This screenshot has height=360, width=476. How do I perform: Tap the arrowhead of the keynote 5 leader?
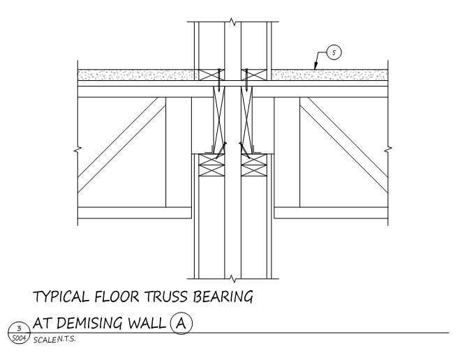tap(315, 70)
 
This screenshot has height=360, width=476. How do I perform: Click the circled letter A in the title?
tap(183, 324)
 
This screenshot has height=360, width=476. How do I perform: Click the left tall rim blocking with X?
tap(218, 119)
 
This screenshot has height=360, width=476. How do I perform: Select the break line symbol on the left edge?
tap(77, 149)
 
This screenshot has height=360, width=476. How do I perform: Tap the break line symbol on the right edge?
tap(388, 149)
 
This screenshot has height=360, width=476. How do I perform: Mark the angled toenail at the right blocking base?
tap(244, 149)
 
